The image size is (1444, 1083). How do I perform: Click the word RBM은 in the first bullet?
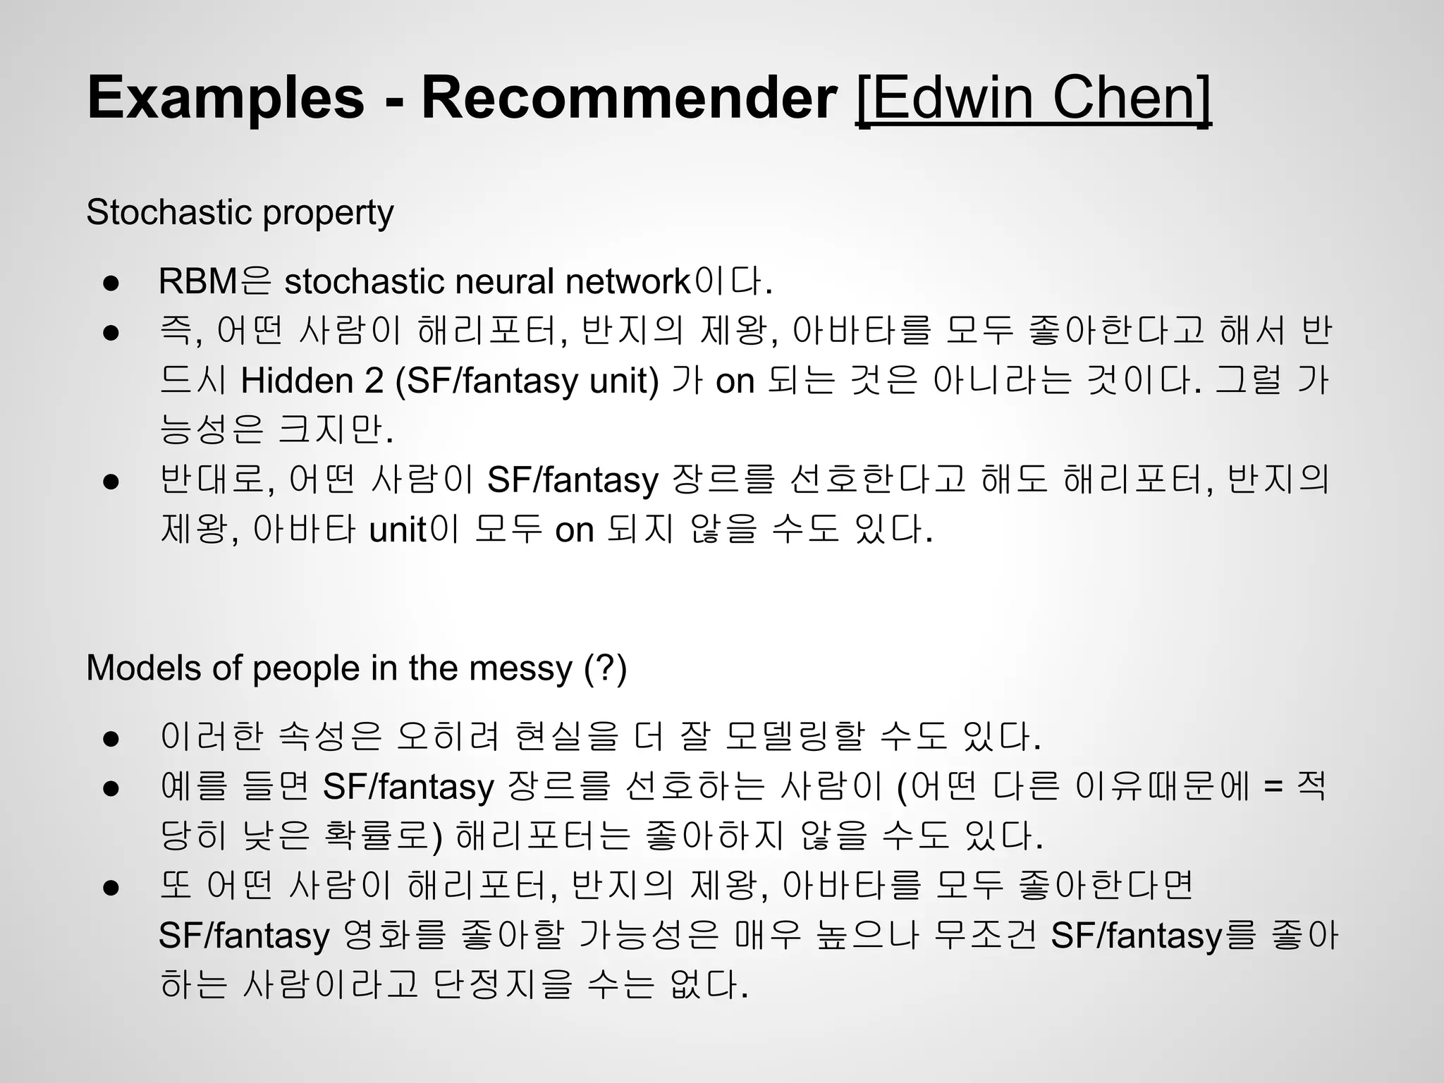pos(214,281)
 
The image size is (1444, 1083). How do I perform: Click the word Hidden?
pos(297,381)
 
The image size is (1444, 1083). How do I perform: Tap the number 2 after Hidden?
pos(374,381)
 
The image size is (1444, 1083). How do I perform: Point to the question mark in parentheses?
pos(606,668)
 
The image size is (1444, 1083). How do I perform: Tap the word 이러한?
pos(212,737)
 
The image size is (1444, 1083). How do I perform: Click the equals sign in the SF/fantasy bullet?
pos(1273,786)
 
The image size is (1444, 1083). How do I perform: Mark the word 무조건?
pos(984,936)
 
